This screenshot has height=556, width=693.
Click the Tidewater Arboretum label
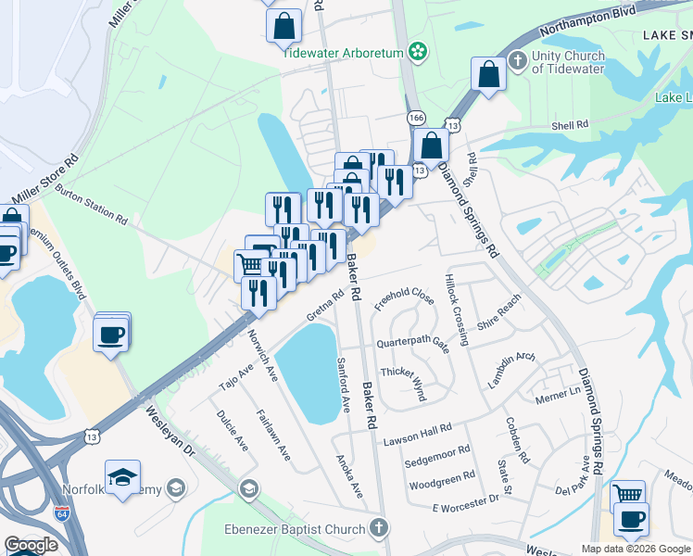(343, 53)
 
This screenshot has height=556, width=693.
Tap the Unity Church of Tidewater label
(568, 62)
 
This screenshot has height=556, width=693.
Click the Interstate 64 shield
(61, 512)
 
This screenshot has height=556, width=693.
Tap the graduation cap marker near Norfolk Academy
(122, 478)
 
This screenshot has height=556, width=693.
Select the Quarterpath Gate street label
(411, 344)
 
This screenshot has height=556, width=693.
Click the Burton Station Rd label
(91, 204)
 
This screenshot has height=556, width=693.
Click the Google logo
(31, 545)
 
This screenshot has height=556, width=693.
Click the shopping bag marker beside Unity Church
(488, 75)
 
